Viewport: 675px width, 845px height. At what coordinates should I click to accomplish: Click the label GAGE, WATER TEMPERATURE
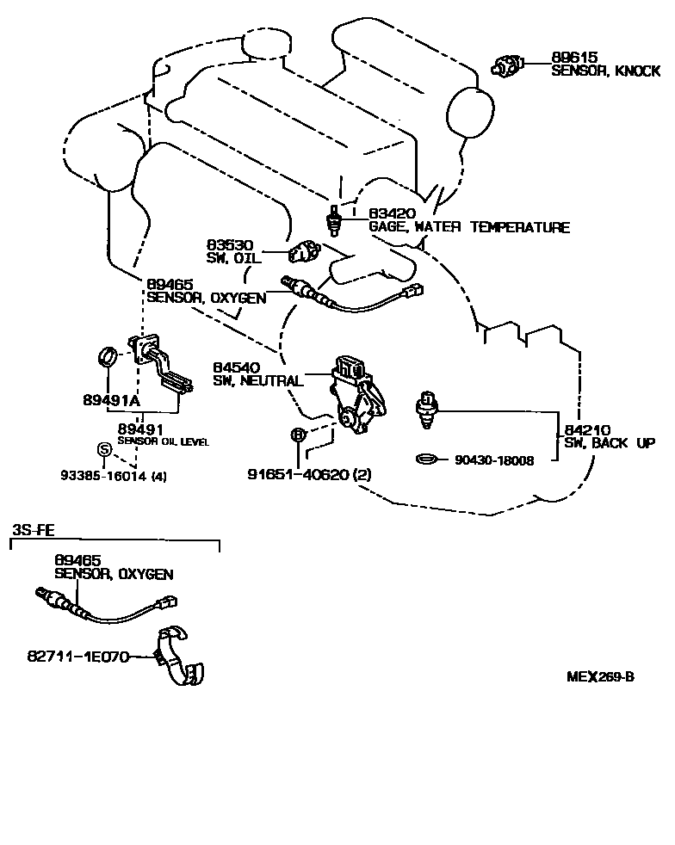[x=469, y=228]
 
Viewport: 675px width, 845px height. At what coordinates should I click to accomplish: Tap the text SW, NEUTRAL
[x=257, y=381]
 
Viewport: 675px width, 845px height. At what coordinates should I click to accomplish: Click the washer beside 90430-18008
[x=427, y=460]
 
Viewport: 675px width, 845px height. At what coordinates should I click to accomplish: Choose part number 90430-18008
[x=494, y=460]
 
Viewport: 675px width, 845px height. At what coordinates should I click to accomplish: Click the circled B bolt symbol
[x=297, y=435]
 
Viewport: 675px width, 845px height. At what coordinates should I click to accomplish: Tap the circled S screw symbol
[x=102, y=448]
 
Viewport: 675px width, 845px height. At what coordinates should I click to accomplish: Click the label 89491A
[x=110, y=401]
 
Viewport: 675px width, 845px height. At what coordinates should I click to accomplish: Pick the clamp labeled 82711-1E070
[x=178, y=658]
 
